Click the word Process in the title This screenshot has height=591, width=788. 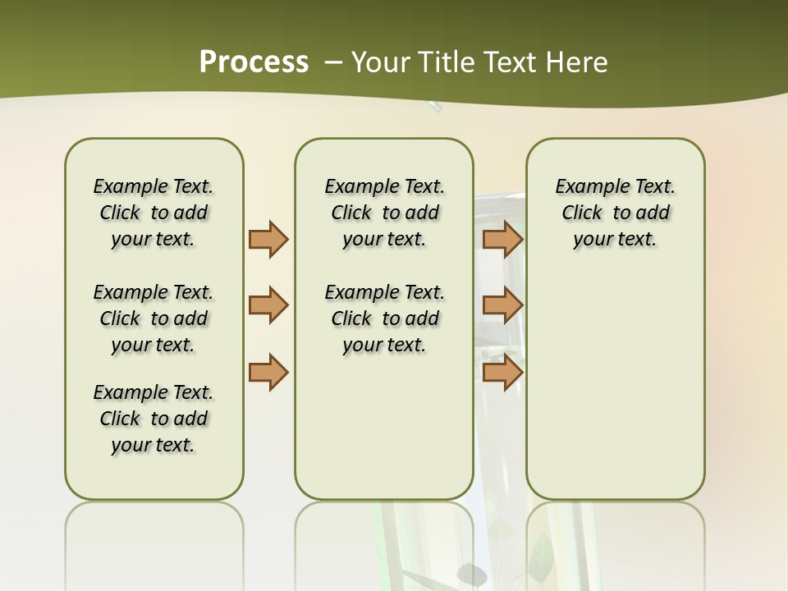[254, 62]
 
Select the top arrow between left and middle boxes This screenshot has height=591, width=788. [268, 239]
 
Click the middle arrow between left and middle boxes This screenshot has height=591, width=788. [268, 305]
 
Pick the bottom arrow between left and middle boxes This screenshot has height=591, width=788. [268, 372]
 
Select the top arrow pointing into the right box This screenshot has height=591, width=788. [502, 239]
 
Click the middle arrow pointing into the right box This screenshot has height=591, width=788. [502, 305]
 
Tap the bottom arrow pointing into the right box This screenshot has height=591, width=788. [502, 372]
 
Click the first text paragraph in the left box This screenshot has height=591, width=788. [153, 213]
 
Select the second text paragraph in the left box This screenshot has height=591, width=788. [153, 318]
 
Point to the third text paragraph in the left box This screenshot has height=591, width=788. [153, 419]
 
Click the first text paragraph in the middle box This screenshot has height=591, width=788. [384, 213]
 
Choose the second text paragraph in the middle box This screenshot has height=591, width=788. [384, 318]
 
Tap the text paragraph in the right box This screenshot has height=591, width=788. [615, 213]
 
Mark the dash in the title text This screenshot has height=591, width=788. [333, 62]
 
